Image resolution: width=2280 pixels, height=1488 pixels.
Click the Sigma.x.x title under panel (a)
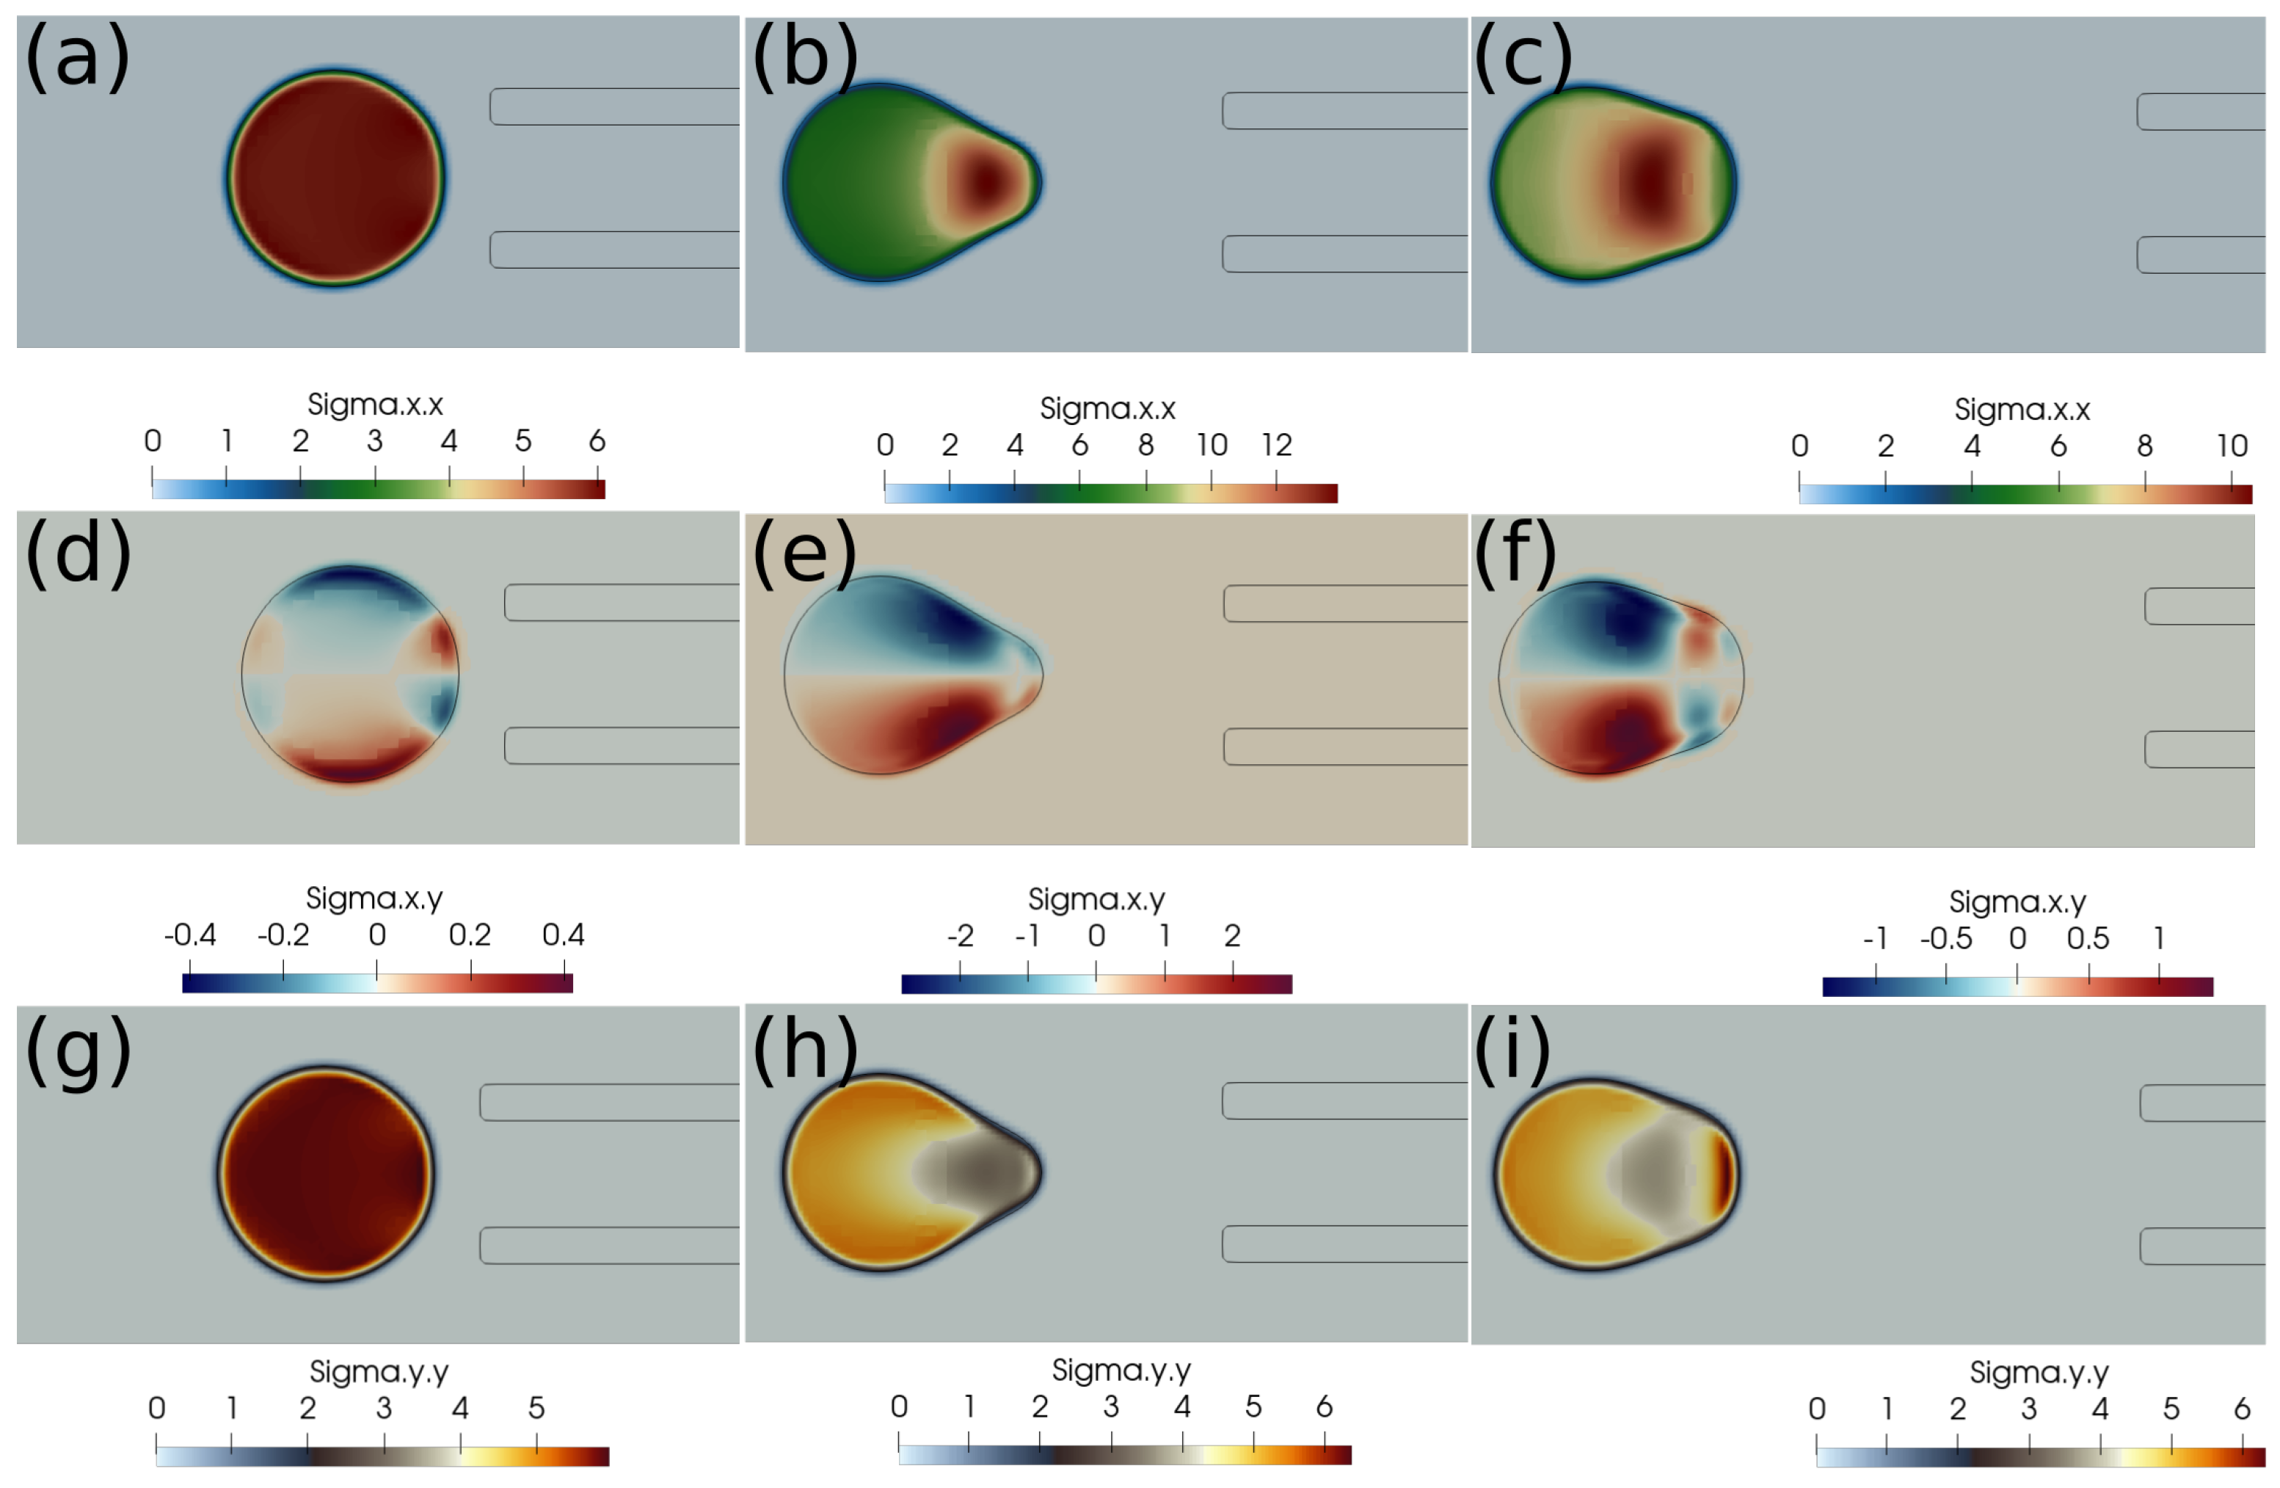(374, 405)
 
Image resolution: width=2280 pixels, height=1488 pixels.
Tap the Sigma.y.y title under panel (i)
(2039, 1373)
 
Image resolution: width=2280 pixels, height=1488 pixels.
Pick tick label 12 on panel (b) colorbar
(1276, 446)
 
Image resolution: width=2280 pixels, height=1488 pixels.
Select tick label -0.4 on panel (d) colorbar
(189, 935)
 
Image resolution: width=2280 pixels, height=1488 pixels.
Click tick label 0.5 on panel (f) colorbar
(2088, 939)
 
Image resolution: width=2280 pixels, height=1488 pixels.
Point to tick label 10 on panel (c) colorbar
(2232, 446)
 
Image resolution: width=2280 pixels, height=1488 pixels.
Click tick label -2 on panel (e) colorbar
(960, 936)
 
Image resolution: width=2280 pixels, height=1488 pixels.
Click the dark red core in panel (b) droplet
(985, 181)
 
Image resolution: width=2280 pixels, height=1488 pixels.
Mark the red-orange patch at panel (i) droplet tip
(1722, 1173)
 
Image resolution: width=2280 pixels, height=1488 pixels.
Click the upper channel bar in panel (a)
(613, 106)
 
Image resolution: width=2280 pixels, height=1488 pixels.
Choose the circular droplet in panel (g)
(326, 1173)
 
